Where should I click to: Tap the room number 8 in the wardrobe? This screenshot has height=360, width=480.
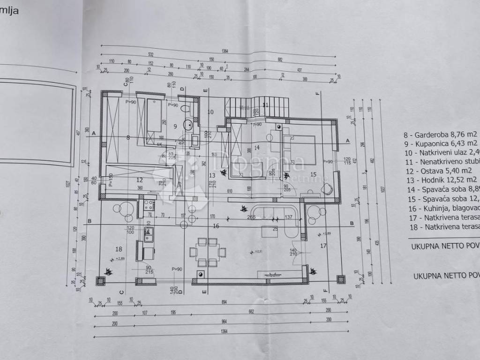pyautogui.click(x=127, y=137)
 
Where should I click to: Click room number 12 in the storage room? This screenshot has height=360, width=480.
pyautogui.click(x=139, y=180)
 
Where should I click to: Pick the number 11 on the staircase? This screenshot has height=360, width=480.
pyautogui.click(x=265, y=105)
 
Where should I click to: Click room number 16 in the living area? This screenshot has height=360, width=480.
pyautogui.click(x=216, y=226)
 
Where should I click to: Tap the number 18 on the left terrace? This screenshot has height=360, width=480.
pyautogui.click(x=119, y=249)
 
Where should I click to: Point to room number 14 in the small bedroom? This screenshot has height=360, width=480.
pyautogui.click(x=256, y=148)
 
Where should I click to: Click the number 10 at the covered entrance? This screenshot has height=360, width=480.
pyautogui.click(x=210, y=112)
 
